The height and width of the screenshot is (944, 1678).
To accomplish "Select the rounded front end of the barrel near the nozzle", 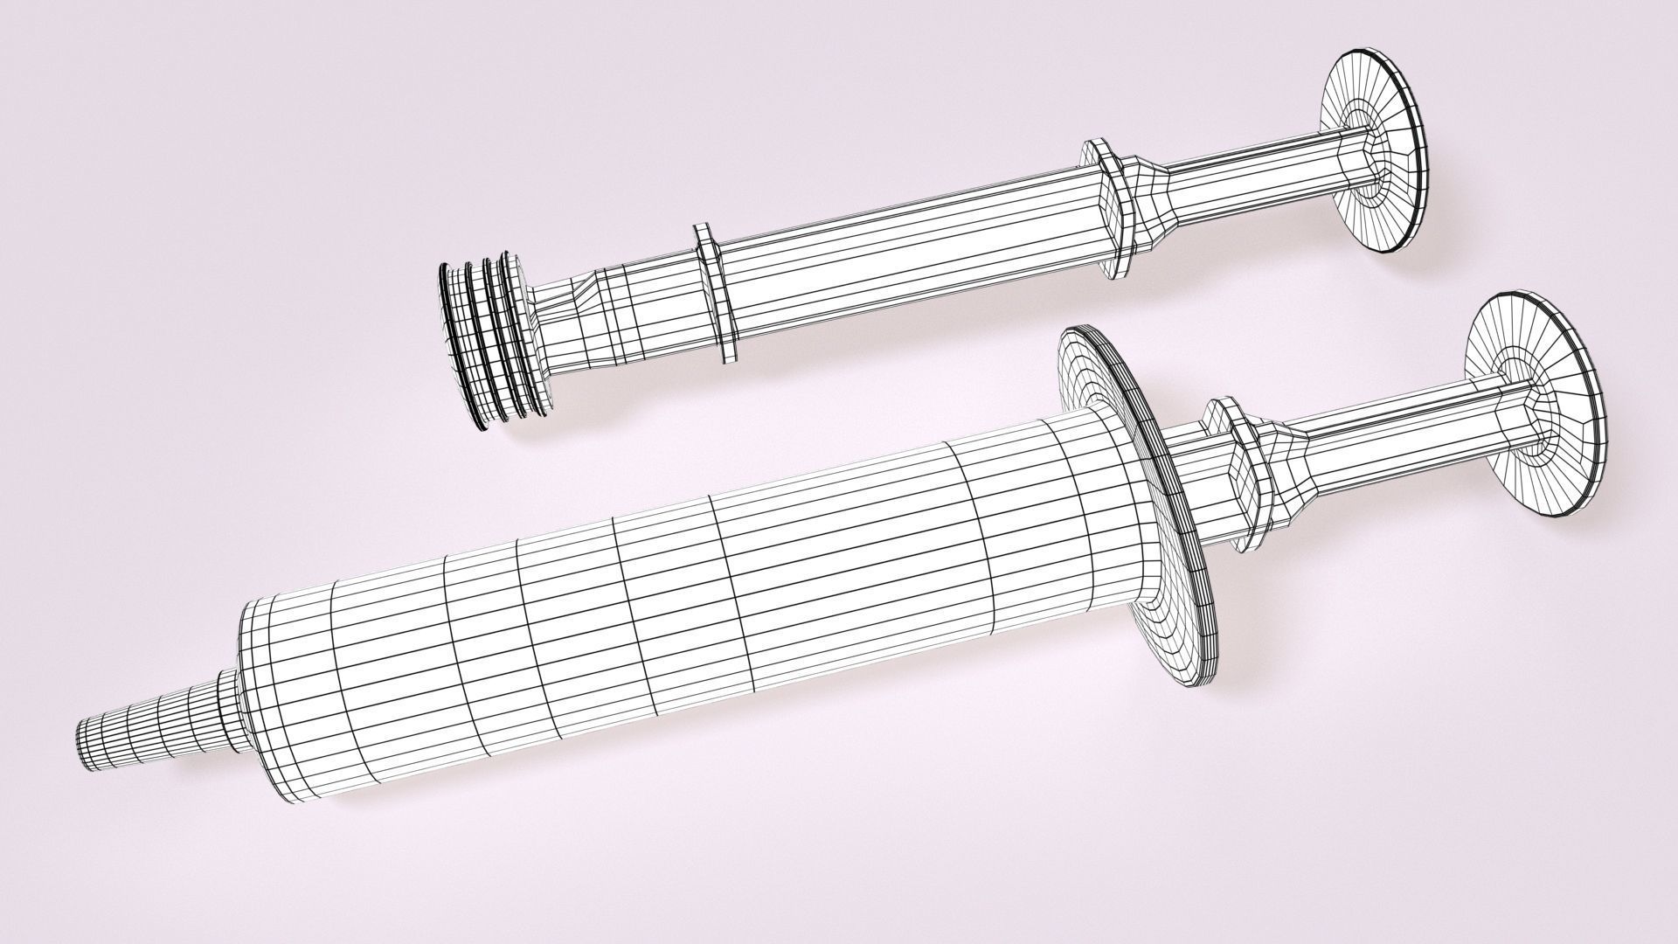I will [262, 682].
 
